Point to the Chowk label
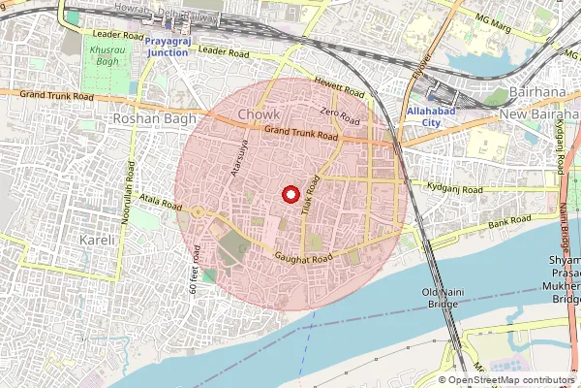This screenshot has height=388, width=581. coord(259,115)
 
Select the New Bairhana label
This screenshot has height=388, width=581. coord(537,115)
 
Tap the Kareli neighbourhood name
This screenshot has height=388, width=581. coord(98,239)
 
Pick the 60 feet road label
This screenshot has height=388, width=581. coord(197,270)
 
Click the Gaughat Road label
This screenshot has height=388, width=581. coord(302,257)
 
